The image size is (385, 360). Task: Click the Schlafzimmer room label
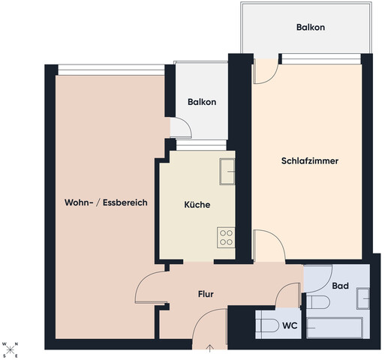(x=310, y=161)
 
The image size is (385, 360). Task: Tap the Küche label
(x=197, y=205)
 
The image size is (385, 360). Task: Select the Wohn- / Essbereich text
(x=106, y=202)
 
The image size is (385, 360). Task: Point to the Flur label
(x=206, y=294)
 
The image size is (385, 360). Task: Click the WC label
(x=290, y=325)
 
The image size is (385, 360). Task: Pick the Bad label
(x=340, y=286)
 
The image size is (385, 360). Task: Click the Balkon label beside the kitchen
(x=202, y=102)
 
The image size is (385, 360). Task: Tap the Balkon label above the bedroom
(x=311, y=27)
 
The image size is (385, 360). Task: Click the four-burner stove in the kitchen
(x=226, y=238)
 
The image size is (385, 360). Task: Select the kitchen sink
(x=227, y=172)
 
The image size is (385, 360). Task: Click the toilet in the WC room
(x=267, y=325)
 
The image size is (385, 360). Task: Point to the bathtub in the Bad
(x=335, y=328)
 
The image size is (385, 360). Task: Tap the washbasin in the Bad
(x=363, y=298)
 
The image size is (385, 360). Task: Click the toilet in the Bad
(x=318, y=302)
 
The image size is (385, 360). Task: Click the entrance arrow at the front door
(x=209, y=349)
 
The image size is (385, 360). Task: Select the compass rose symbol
(x=10, y=349)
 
